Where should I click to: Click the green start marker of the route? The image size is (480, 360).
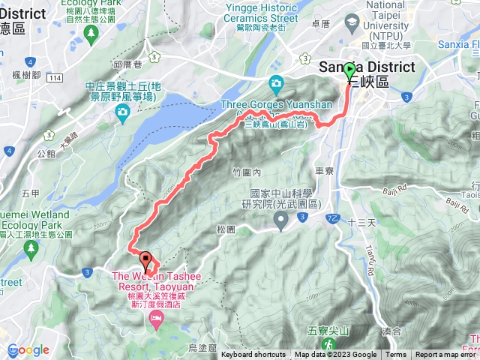click(x=349, y=72)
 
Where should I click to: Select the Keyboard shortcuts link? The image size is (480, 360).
click(x=253, y=355)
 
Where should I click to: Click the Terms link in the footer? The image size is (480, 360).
click(x=396, y=355)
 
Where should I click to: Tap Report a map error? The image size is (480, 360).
click(x=447, y=355)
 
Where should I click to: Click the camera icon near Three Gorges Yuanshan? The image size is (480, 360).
click(x=276, y=82)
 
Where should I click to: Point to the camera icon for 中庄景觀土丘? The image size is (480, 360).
click(x=121, y=112)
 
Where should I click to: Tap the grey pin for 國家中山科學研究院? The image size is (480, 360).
click(x=281, y=220)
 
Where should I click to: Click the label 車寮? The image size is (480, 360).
click(x=324, y=172)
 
